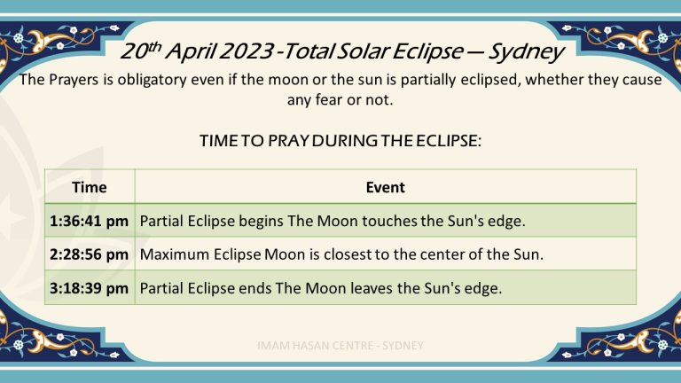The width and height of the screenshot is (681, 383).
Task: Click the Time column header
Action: pyautogui.click(x=89, y=187)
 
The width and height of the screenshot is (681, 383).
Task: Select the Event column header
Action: pyautogui.click(x=385, y=187)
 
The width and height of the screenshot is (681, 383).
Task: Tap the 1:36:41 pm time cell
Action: pyautogui.click(x=89, y=221)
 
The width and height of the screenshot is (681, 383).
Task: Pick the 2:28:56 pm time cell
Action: pyautogui.click(x=89, y=254)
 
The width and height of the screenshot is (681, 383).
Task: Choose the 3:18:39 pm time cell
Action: pyautogui.click(x=89, y=288)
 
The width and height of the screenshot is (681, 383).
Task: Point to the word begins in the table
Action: pyautogui.click(x=261, y=222)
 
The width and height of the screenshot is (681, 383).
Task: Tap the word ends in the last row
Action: pyautogui.click(x=255, y=289)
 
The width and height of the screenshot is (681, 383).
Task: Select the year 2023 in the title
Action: pyautogui.click(x=247, y=51)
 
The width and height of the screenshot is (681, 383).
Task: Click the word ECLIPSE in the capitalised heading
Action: pyautogui.click(x=448, y=141)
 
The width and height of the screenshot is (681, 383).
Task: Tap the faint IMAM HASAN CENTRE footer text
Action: pyautogui.click(x=340, y=346)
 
